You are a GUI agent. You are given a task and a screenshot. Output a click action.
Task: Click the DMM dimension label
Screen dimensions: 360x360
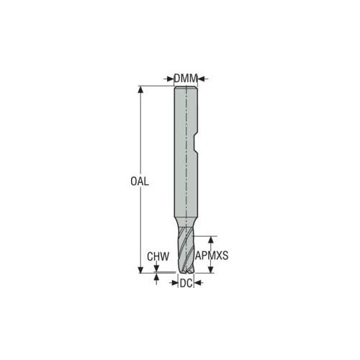[x=186, y=78]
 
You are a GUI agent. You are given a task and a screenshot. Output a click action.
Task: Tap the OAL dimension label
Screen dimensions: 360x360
[x=140, y=181]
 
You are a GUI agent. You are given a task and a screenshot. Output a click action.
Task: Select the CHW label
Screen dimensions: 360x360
[x=158, y=256]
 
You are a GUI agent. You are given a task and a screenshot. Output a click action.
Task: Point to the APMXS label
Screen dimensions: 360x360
[x=212, y=256]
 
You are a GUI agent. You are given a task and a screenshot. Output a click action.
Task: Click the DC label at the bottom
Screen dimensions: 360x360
[x=186, y=284]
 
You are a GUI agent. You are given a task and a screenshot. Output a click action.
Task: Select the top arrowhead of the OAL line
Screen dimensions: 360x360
[x=140, y=89]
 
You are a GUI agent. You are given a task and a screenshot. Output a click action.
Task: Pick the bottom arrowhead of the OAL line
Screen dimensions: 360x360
[x=140, y=269]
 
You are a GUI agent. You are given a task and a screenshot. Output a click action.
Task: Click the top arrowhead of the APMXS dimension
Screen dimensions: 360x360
[x=211, y=240]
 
